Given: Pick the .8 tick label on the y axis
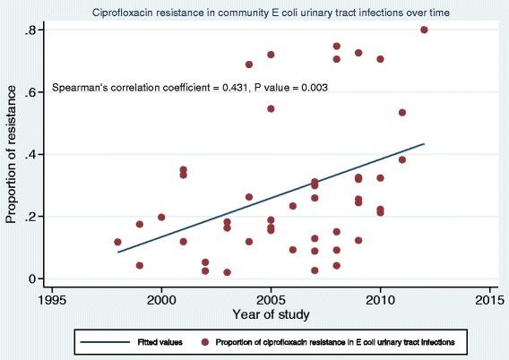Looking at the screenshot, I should pyautogui.click(x=30, y=30).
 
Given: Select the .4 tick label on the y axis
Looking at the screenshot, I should pyautogui.click(x=30, y=154).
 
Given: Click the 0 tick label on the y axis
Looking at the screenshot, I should pyautogui.click(x=32, y=279).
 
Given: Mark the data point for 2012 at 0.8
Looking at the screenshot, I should pyautogui.click(x=424, y=30).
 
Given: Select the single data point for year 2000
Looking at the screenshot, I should pyautogui.click(x=161, y=217).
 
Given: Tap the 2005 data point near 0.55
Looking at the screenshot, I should pyautogui.click(x=271, y=108).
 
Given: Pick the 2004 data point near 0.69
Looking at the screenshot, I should pyautogui.click(x=249, y=64).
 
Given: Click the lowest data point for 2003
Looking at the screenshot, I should pyautogui.click(x=227, y=272).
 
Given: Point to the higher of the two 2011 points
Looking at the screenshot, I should pyautogui.click(x=402, y=113).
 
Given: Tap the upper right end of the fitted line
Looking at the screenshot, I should pyautogui.click(x=424, y=143).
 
